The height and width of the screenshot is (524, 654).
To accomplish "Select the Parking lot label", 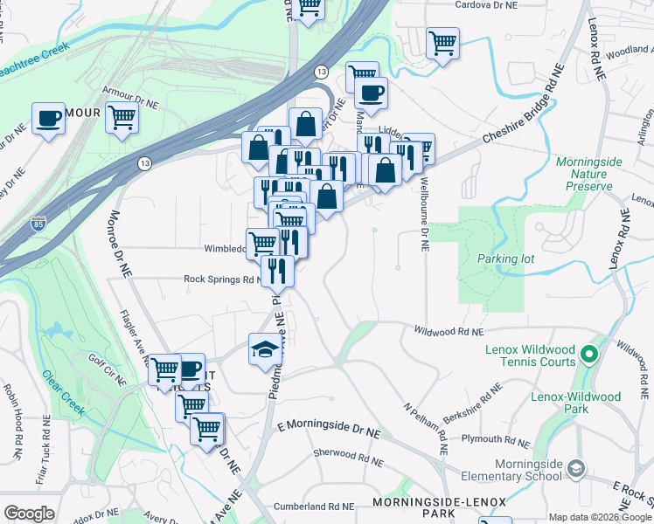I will [x=505, y=259].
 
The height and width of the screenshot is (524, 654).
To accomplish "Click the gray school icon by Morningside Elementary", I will [x=575, y=468].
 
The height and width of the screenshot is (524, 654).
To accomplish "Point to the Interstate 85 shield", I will [x=38, y=224].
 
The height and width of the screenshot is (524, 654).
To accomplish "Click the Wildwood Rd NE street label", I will [x=449, y=332].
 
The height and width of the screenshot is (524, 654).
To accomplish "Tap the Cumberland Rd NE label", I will [x=313, y=506].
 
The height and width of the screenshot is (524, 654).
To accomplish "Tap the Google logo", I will [x=30, y=514].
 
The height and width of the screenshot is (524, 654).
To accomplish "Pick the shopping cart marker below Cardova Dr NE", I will [x=443, y=42].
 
